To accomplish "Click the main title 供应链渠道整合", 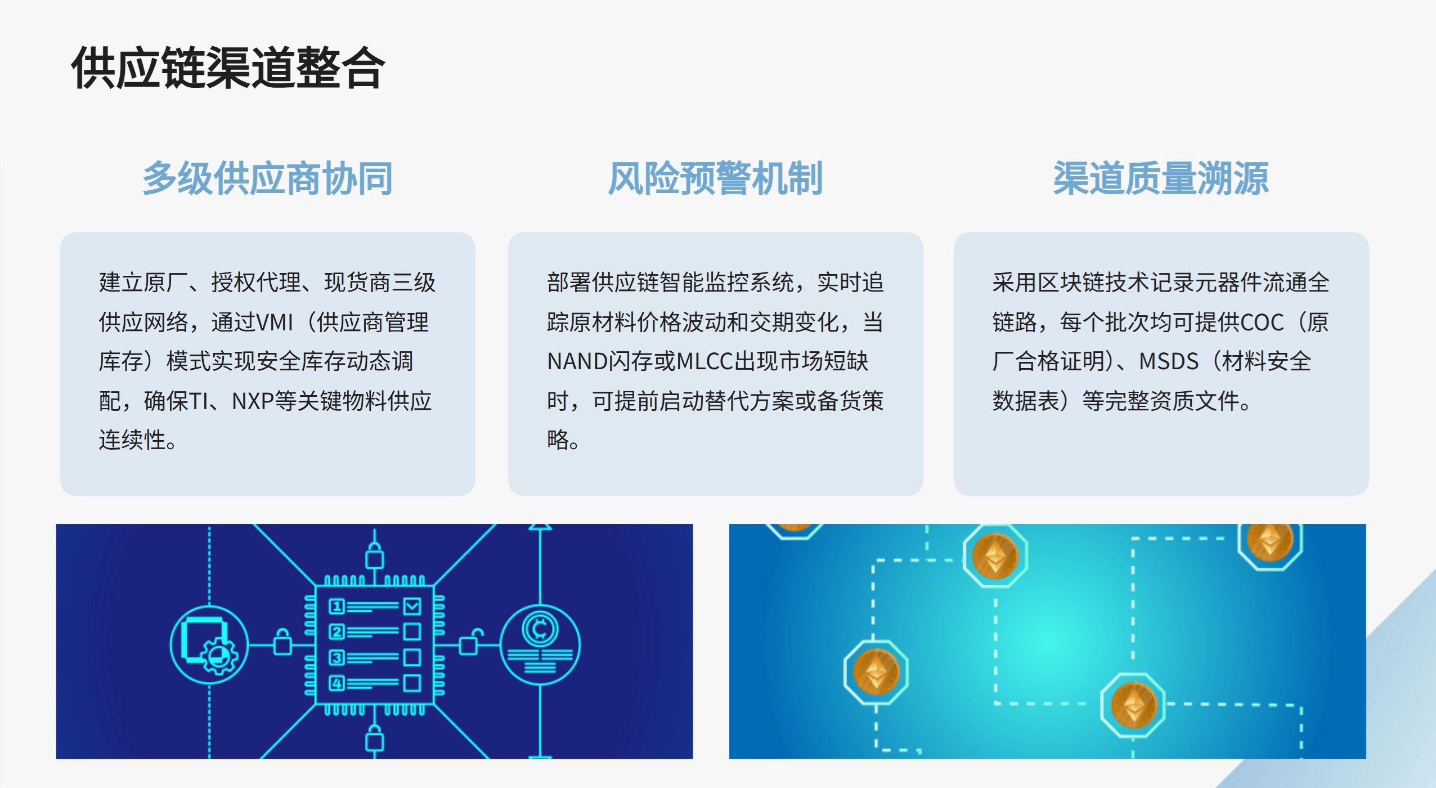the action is [228, 69].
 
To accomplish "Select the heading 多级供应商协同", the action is [267, 178].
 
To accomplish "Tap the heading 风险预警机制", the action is [715, 178].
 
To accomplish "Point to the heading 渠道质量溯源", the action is [1161, 178].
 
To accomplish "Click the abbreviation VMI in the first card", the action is [275, 323].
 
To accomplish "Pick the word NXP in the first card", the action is [253, 401].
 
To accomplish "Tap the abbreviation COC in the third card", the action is [1262, 323].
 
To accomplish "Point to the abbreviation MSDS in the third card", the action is [1169, 362].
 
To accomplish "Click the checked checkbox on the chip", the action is [412, 606].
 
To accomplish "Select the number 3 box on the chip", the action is [336, 657].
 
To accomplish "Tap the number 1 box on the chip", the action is [336, 606].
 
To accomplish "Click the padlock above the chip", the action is [375, 555].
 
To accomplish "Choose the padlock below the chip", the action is [375, 738].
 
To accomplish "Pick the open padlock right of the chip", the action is [470, 642].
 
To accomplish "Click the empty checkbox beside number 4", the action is [412, 683].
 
